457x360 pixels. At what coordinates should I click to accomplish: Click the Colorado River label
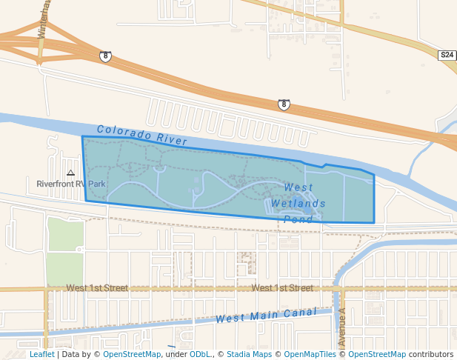point(141,134)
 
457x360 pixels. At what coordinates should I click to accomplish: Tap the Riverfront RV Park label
point(72,183)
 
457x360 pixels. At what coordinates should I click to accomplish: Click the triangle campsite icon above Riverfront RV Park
point(70,173)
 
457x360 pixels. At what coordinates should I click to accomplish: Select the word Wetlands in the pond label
point(298,203)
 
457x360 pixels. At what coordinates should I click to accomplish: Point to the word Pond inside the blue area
point(298,219)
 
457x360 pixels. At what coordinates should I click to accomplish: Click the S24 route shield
point(447,56)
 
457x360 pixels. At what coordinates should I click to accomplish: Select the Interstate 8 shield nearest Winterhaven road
point(106,56)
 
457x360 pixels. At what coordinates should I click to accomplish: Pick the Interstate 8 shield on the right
point(284,104)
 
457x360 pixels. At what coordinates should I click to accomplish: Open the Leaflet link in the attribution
point(41,354)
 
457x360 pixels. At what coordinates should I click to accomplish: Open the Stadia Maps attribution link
point(249,354)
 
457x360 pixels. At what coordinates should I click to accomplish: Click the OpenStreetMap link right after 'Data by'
point(131,354)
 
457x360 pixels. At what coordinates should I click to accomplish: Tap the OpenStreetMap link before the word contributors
point(376,354)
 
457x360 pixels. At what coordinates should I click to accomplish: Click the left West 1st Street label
point(96,287)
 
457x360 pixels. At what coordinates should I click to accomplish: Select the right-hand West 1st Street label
point(281,287)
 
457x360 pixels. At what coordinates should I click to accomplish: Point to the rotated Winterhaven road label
point(45,19)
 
